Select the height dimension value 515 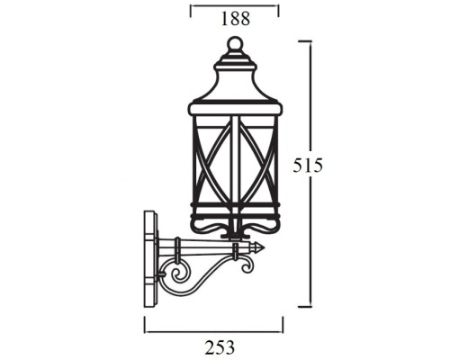click(x=308, y=166)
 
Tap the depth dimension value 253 click(x=213, y=345)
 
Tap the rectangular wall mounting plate click(x=150, y=260)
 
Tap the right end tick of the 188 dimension click(x=278, y=9)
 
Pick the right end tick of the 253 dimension click(x=282, y=323)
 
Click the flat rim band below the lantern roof click(x=234, y=109)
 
